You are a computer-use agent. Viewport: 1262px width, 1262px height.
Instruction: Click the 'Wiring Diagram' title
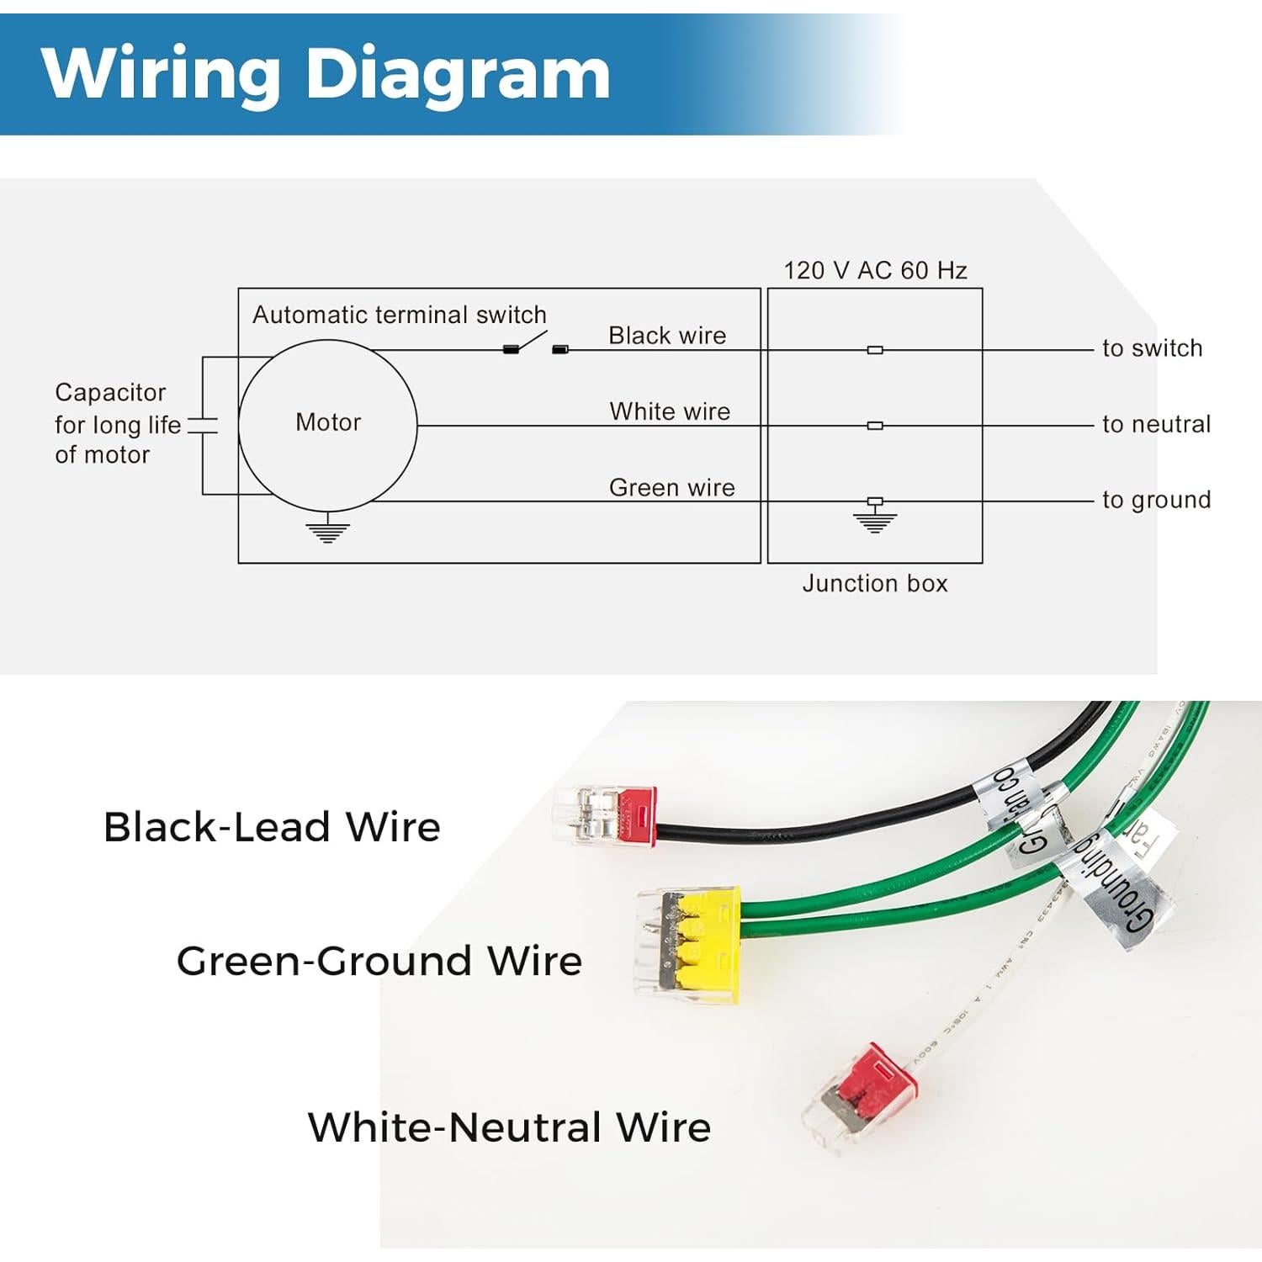(326, 73)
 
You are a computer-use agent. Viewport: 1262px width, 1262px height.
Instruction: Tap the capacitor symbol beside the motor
(203, 426)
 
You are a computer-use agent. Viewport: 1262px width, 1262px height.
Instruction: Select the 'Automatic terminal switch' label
(399, 315)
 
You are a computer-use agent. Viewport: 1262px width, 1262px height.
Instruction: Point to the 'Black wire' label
(667, 336)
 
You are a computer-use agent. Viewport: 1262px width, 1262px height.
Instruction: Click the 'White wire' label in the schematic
(670, 411)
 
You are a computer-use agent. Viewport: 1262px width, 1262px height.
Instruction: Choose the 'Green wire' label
(671, 488)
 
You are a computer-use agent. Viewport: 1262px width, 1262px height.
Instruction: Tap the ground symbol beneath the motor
(327, 531)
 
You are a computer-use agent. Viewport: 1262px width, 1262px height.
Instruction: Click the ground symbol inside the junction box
(875, 518)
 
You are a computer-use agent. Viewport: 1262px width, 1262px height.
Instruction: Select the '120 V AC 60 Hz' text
(875, 270)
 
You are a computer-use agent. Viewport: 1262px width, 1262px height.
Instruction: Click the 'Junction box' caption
(875, 583)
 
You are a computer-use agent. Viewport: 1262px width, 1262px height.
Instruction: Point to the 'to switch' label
(1152, 348)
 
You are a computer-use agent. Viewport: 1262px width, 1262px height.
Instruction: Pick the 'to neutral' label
(1156, 424)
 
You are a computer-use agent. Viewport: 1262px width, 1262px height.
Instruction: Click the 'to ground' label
(1156, 500)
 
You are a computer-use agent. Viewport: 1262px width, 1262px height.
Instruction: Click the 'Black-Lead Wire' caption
(272, 827)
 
